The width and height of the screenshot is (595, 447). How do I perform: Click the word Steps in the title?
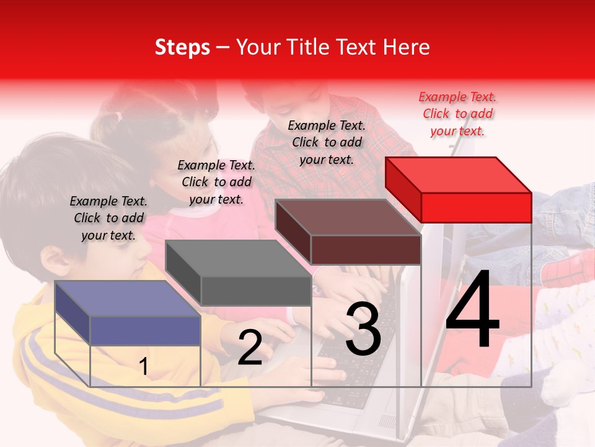click(x=182, y=47)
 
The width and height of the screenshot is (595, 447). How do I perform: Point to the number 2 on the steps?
click(x=250, y=348)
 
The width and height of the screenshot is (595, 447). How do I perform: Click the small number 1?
click(x=143, y=367)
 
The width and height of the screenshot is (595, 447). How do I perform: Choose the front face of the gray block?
click(x=256, y=291)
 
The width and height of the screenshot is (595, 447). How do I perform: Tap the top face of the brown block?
click(x=347, y=217)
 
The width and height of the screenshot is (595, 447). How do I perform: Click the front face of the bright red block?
click(x=476, y=207)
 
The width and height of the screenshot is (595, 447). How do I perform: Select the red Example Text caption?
click(x=457, y=114)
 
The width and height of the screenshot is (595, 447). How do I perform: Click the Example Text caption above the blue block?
click(x=108, y=218)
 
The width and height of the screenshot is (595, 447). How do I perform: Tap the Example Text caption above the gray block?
click(x=216, y=182)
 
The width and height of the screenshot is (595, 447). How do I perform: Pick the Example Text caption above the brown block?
click(x=327, y=142)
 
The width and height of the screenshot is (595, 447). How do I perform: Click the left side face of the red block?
click(x=403, y=189)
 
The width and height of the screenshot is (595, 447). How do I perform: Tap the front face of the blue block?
click(x=145, y=330)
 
